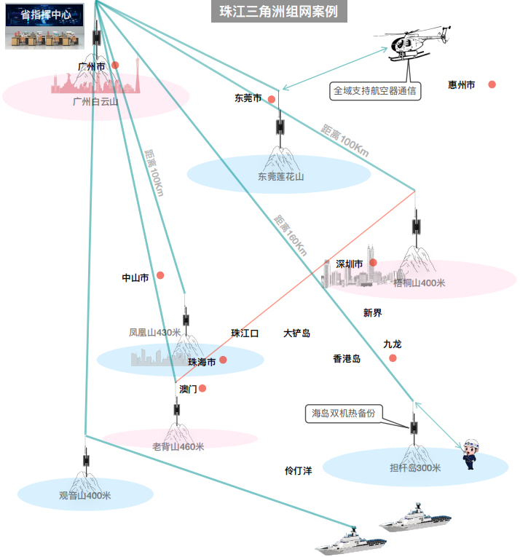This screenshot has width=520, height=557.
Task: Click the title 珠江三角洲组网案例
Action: (x=279, y=12)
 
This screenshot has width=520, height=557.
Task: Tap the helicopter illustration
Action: (x=412, y=44)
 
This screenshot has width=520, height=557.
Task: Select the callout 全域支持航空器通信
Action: (x=375, y=91)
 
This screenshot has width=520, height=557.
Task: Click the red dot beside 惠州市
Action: (x=492, y=84)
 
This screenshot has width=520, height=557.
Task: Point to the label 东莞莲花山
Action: (x=281, y=176)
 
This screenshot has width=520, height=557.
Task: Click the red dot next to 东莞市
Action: (x=272, y=99)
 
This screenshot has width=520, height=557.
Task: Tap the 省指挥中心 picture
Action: (x=44, y=26)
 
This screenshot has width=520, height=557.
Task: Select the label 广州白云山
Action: (x=95, y=102)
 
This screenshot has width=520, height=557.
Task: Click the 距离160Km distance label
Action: (x=291, y=235)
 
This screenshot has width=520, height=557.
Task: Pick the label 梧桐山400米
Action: (x=419, y=283)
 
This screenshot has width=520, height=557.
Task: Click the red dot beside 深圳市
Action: (x=373, y=263)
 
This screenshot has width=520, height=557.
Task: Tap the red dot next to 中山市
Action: (x=160, y=275)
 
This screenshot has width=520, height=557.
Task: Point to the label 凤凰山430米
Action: (x=155, y=333)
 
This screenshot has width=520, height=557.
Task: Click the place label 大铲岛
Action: (x=297, y=333)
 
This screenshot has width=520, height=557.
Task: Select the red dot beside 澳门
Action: (x=202, y=388)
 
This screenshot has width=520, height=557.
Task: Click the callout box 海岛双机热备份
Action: (x=344, y=414)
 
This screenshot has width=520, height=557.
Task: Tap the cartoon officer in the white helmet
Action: (x=470, y=454)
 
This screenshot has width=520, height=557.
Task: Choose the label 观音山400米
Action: (x=85, y=496)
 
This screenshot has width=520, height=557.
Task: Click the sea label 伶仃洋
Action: (x=298, y=470)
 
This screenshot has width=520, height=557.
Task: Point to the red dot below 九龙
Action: (x=393, y=358)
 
